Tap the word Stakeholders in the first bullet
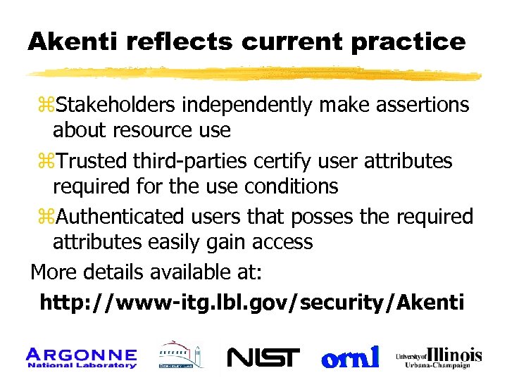point(117,105)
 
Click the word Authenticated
point(119,216)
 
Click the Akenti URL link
point(251,303)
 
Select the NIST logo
point(263,357)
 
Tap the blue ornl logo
point(351,357)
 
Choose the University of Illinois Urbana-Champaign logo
point(439,356)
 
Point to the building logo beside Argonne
point(180,356)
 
